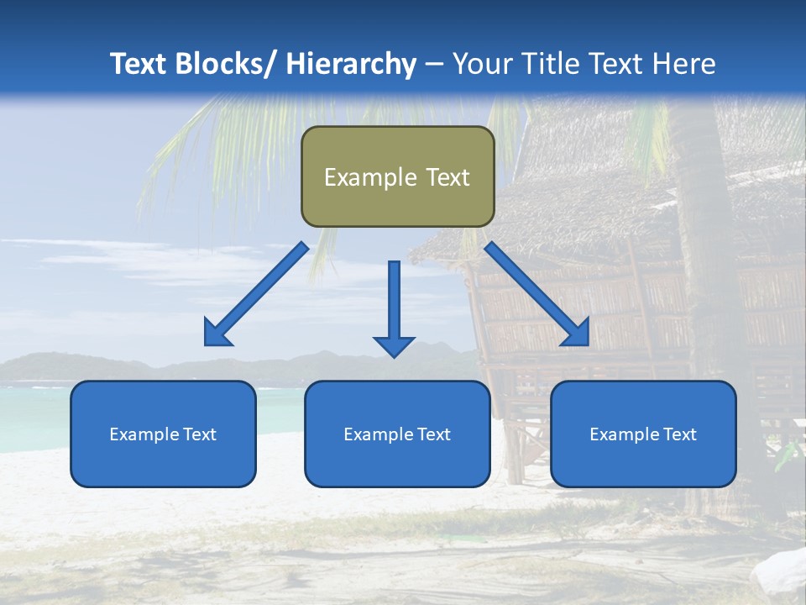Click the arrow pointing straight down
click(394, 307)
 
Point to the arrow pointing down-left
click(256, 294)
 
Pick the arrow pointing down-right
click(537, 294)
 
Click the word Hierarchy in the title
click(350, 64)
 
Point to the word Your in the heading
click(481, 64)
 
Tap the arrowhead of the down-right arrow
click(578, 334)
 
